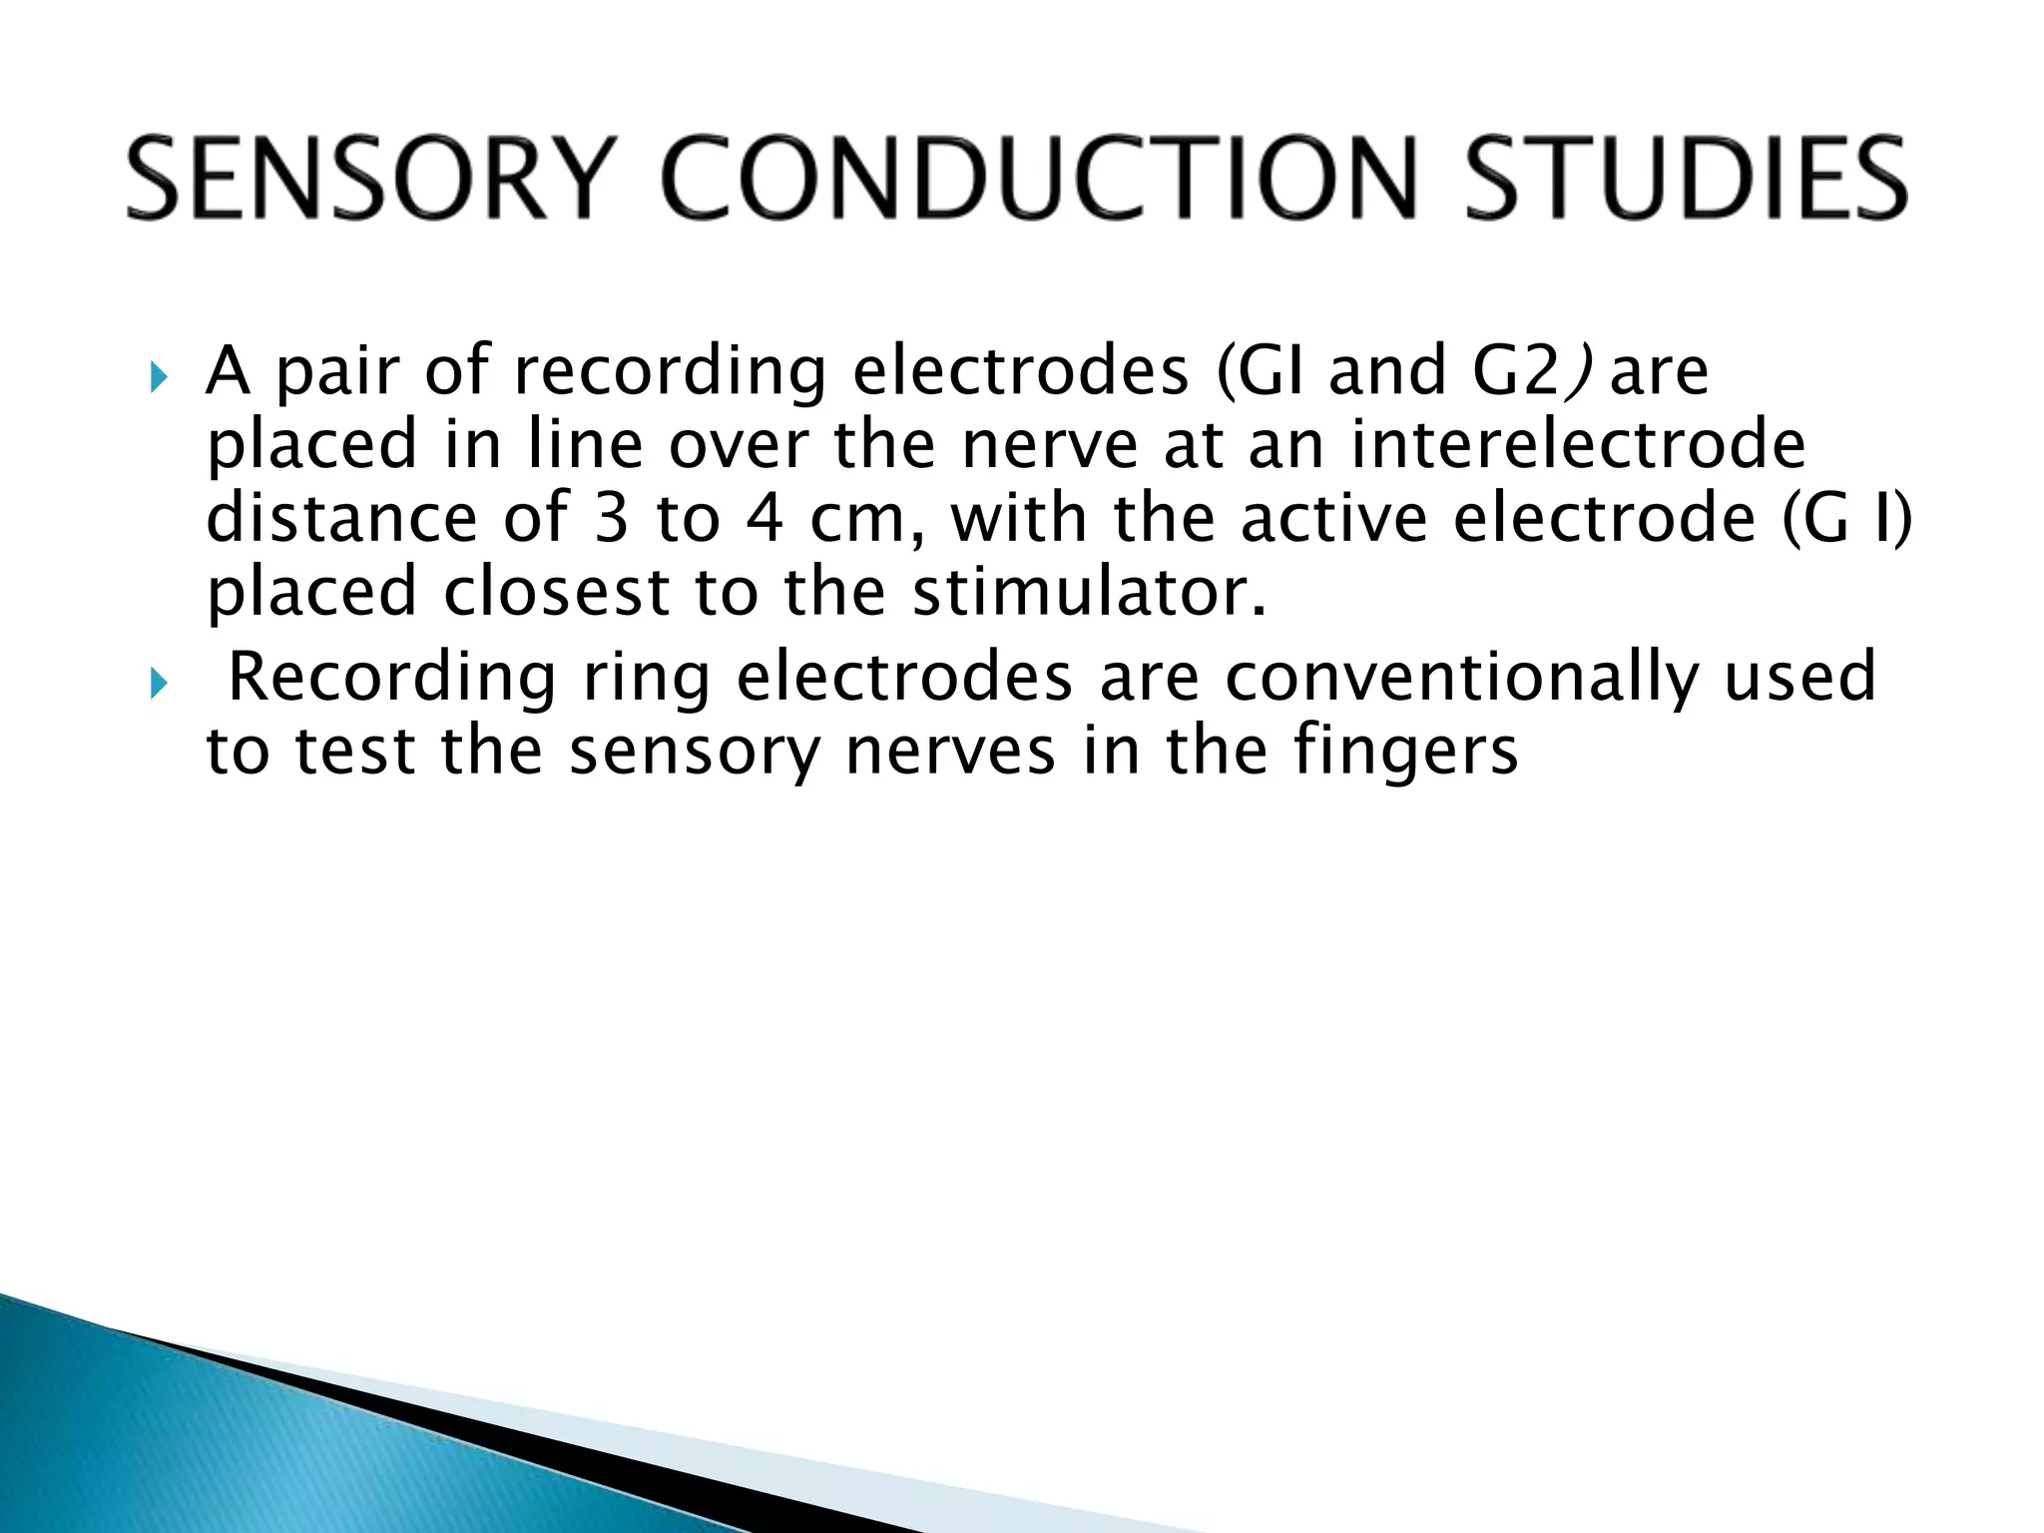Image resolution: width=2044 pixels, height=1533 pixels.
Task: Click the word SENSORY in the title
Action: coord(365,180)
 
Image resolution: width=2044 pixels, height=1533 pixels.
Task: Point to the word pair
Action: coord(339,372)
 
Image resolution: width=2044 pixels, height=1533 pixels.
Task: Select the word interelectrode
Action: coord(1577,445)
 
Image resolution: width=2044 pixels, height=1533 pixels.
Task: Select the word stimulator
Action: coord(1088,592)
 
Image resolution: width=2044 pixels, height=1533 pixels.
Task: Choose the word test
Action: coord(353,751)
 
